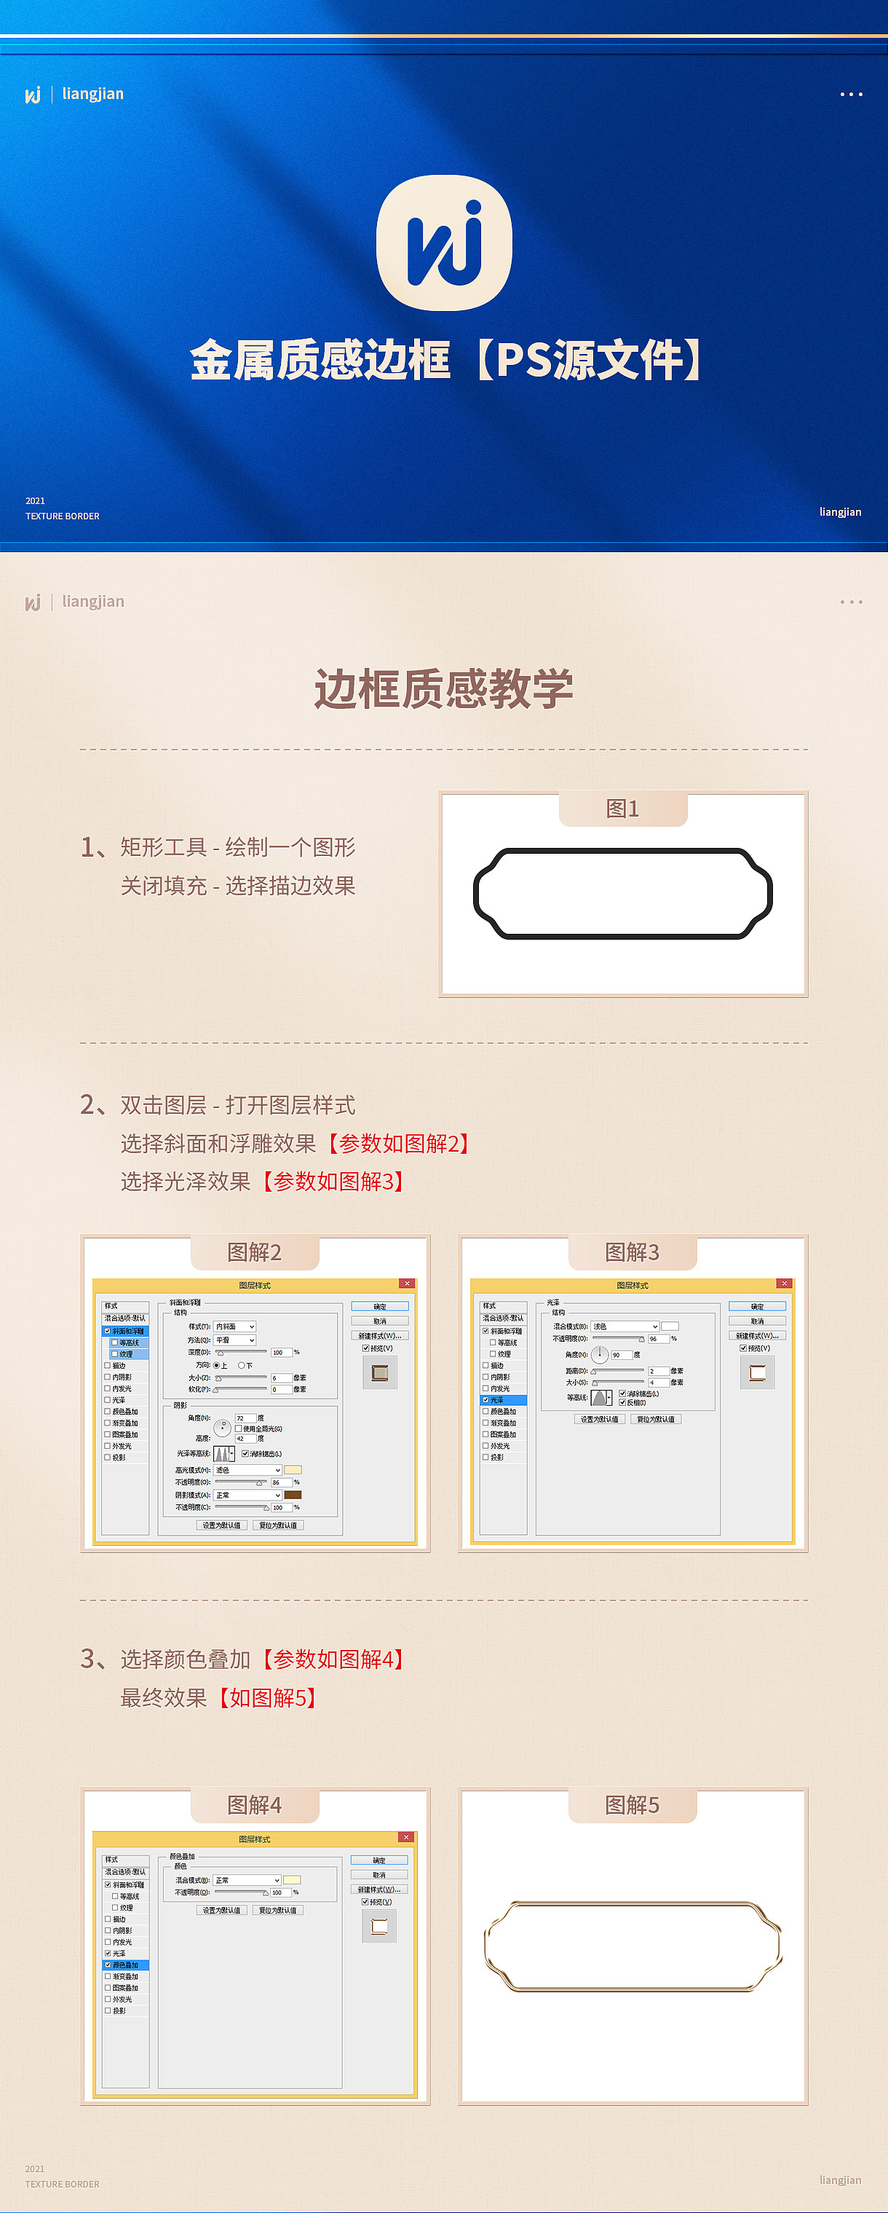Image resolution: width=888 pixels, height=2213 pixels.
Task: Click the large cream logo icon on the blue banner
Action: [444, 243]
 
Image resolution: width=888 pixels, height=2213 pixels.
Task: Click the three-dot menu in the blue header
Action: [851, 95]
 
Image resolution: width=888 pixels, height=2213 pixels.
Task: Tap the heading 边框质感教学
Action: [444, 689]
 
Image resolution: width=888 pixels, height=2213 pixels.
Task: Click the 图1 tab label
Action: [622, 809]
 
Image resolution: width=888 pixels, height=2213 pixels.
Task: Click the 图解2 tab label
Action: [254, 1252]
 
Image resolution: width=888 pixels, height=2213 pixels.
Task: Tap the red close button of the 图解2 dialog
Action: [407, 1284]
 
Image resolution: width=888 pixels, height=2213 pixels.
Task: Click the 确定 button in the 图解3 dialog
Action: [756, 1307]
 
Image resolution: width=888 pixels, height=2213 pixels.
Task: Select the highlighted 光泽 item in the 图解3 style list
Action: [502, 1400]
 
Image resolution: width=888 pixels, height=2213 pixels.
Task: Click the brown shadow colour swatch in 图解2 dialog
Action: [292, 1495]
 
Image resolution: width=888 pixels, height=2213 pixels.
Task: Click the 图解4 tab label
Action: [254, 1806]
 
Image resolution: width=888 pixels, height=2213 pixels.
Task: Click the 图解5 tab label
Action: [632, 1806]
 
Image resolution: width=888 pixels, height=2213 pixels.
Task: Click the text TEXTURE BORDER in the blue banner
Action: [63, 516]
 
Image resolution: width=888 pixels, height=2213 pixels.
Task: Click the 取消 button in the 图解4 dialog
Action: [378, 1874]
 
